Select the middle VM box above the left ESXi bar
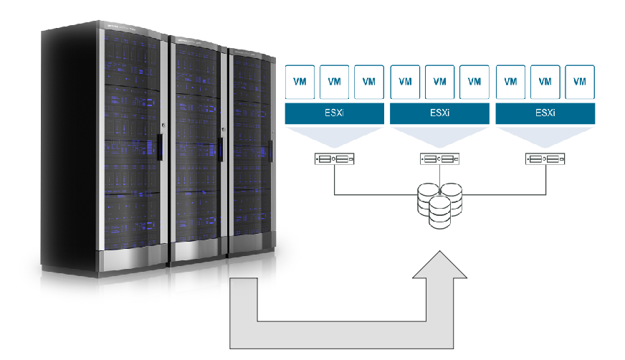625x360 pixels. click(334, 82)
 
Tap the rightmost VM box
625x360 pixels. click(580, 82)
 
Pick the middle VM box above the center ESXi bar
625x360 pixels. click(439, 82)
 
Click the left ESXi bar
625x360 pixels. click(334, 113)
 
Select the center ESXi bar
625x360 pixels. click(439, 113)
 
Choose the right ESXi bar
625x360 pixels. click(545, 113)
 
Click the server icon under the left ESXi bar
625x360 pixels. click(334, 159)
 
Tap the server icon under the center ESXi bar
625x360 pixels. click(439, 159)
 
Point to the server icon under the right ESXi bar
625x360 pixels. click(545, 159)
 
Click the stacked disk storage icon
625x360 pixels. click(439, 204)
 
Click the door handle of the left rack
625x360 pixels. click(160, 146)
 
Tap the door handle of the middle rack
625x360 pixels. click(221, 148)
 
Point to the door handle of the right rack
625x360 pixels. click(271, 149)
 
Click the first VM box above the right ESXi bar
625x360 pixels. click(510, 82)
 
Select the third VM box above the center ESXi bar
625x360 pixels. click(474, 82)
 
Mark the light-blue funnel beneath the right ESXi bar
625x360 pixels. click(545, 136)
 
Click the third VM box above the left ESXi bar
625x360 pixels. click(369, 82)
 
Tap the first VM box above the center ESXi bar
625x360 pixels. click(405, 82)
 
